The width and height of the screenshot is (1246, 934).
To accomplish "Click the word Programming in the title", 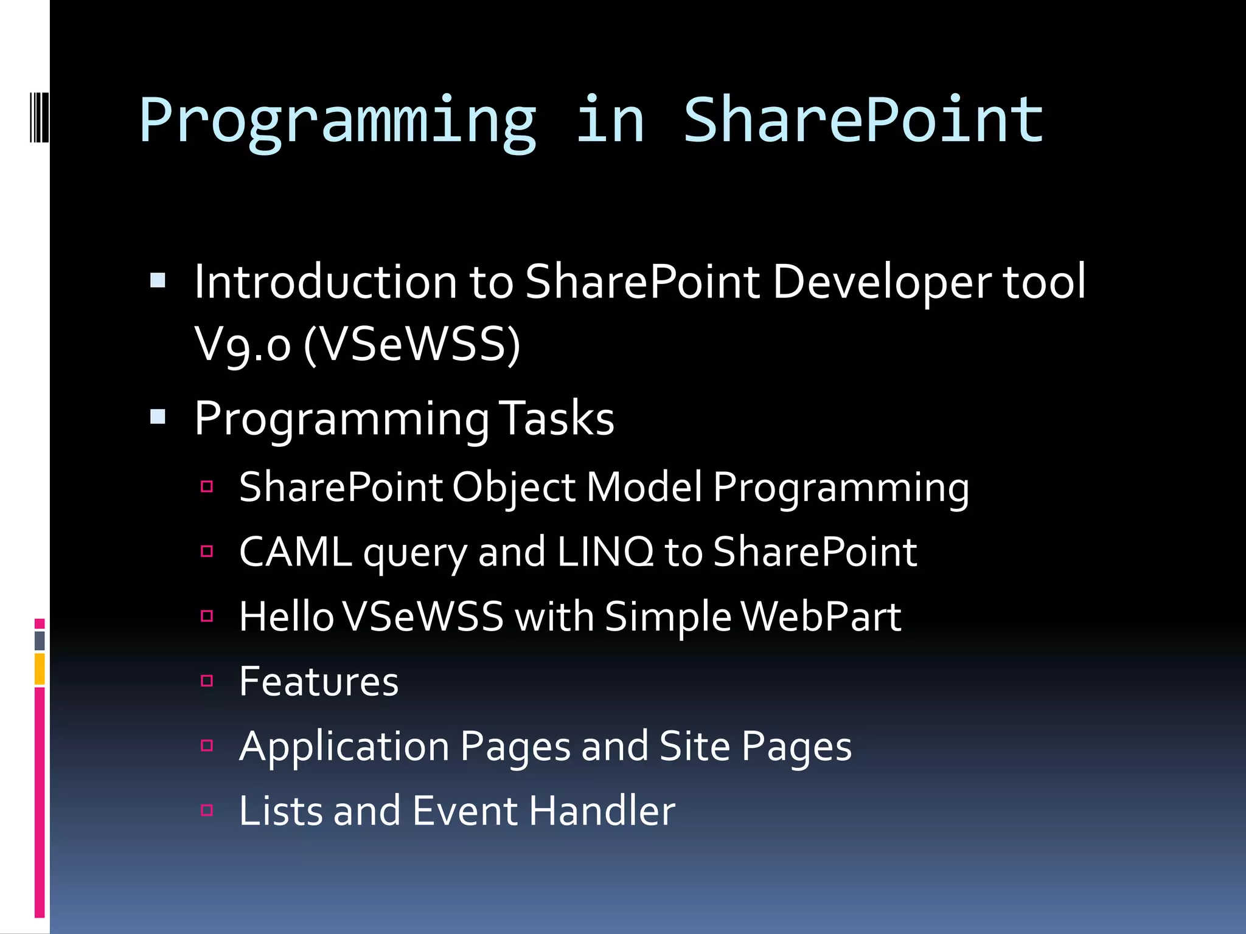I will [338, 122].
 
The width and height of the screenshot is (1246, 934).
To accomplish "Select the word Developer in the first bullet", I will [882, 283].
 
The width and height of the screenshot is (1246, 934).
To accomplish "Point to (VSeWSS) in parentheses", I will [412, 344].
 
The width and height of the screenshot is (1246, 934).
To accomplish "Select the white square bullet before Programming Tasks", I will [158, 417].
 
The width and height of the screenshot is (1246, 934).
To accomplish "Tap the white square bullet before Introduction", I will [158, 280].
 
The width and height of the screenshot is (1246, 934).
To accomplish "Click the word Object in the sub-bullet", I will [513, 488].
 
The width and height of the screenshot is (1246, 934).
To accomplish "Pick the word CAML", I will [296, 552].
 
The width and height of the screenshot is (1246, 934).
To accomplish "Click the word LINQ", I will [605, 552].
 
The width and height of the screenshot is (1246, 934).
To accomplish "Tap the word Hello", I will [286, 617].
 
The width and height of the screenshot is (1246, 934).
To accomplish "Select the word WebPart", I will [821, 617].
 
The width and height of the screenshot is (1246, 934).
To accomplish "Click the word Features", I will [319, 682].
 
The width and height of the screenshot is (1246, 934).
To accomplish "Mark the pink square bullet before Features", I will [207, 681].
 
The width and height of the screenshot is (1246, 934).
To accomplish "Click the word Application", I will [344, 747].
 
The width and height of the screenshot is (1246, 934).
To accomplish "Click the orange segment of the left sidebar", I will [40, 669].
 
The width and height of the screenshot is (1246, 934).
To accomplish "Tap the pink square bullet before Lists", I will [207, 811].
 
